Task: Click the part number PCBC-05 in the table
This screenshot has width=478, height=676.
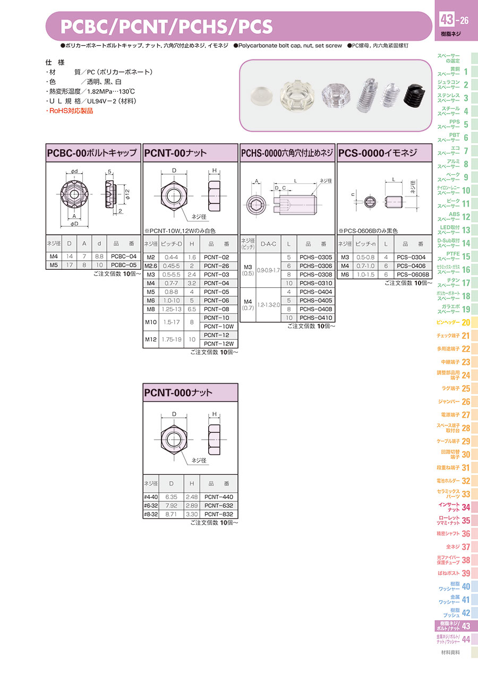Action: coord(124,265)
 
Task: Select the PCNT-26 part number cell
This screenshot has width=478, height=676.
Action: coord(216,266)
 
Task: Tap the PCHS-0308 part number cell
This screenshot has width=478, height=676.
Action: coord(315,275)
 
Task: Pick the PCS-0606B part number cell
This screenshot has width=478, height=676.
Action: coord(413,275)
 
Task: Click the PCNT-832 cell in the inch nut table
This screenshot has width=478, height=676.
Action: coord(218,514)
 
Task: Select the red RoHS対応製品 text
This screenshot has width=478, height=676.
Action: coord(70,111)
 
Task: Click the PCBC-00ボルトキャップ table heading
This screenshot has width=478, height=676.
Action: coord(92,153)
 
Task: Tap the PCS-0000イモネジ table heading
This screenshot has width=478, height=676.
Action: coord(378,153)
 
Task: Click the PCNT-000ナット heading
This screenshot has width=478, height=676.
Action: coord(178,392)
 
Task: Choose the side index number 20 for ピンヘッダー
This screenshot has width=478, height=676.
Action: coord(466,322)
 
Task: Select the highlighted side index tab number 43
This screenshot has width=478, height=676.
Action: coord(466,626)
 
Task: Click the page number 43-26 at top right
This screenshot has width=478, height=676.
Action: coord(454,20)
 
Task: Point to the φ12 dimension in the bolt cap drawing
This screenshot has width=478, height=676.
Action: coord(127,194)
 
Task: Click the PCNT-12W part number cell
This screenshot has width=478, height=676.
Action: coord(219,344)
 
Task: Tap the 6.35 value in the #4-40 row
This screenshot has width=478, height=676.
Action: coord(171,497)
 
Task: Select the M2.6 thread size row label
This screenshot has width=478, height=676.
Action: coord(151,266)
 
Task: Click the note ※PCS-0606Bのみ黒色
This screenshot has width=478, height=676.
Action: coord(368,231)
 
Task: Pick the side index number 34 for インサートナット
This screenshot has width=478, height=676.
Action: coord(466,507)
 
